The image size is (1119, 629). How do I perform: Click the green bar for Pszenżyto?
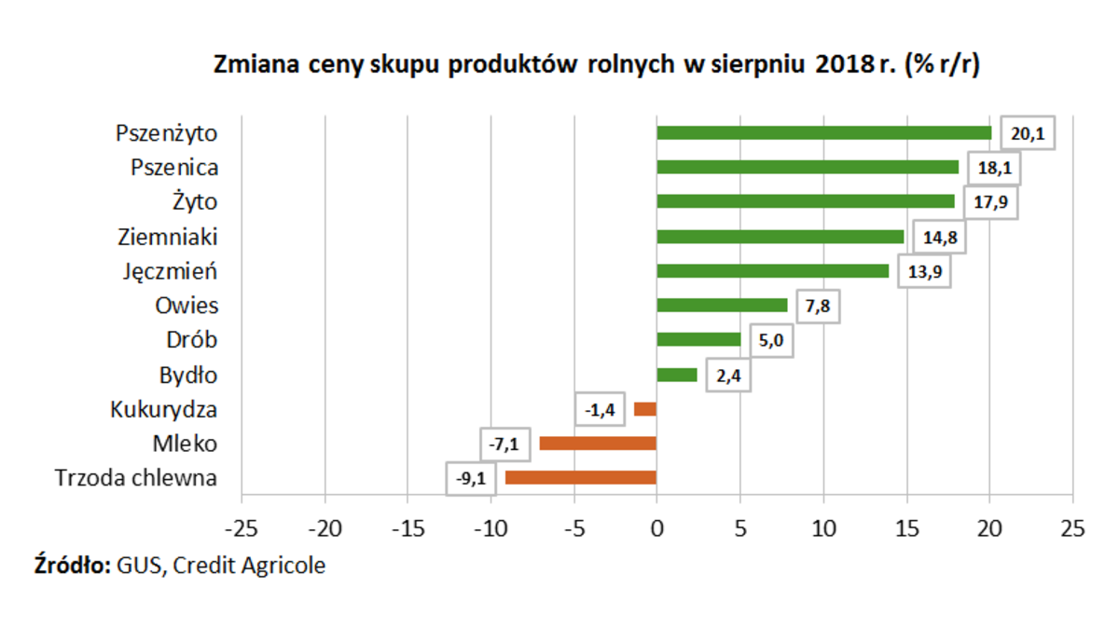point(823,133)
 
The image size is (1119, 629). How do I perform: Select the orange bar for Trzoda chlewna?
point(580,478)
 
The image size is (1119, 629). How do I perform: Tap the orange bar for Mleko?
point(598,444)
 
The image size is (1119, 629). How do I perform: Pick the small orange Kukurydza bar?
point(645,409)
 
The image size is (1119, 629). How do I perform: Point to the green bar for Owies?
point(722,306)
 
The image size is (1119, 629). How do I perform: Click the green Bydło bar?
point(677,375)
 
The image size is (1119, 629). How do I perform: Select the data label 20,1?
point(1027,134)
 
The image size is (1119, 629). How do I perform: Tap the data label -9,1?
point(470,479)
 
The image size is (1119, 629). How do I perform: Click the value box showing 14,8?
point(939,237)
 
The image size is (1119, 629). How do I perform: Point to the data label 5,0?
point(770,340)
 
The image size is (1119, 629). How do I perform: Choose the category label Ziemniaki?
point(168,237)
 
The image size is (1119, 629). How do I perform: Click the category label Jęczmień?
point(170,272)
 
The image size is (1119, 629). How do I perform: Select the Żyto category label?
point(194,202)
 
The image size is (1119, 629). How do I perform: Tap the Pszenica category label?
point(174,168)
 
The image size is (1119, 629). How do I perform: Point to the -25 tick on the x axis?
point(241,528)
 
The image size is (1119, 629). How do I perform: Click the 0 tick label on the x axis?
point(656,528)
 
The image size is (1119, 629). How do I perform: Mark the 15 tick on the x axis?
point(906,528)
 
